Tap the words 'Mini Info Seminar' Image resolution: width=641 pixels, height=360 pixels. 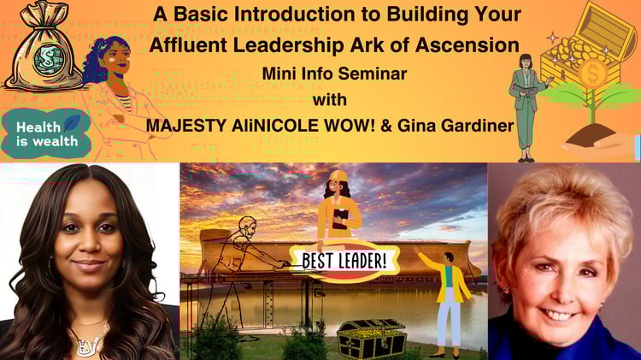point(334,74)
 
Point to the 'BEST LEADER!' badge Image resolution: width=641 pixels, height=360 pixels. point(344,261)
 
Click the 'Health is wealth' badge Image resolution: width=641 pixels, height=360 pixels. point(46,134)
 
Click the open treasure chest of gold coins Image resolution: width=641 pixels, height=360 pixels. point(583,45)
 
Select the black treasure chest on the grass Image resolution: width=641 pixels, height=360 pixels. point(371,339)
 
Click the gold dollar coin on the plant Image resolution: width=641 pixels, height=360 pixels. point(593,74)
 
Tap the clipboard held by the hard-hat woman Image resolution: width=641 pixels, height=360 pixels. point(340,219)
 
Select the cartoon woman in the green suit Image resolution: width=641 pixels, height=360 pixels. point(527,107)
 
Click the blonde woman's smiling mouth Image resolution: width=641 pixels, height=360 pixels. point(558,316)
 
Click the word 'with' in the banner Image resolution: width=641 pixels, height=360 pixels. point(330,100)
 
